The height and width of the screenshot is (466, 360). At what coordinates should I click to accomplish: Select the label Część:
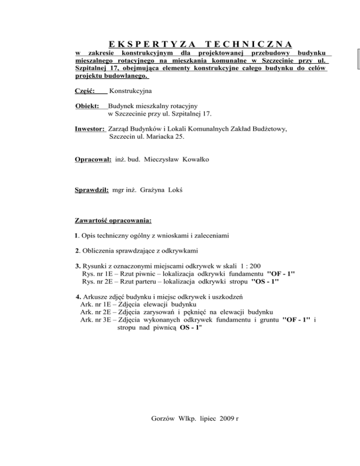click(x=85, y=89)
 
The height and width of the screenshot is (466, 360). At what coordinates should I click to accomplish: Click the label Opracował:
click(x=93, y=159)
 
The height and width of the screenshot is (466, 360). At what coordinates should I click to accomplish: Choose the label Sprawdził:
click(x=92, y=191)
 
